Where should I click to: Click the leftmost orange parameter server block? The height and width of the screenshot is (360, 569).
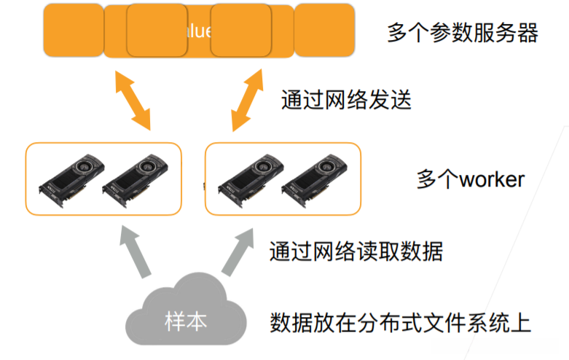(73, 30)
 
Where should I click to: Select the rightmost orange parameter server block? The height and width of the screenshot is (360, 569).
(325, 30)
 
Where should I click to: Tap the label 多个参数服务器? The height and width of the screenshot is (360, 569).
(462, 34)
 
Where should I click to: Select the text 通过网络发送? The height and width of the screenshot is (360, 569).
(346, 99)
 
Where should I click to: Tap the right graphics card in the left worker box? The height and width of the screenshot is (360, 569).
(135, 179)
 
